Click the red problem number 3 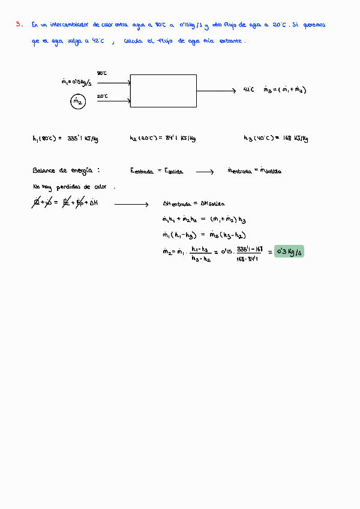click(x=19, y=25)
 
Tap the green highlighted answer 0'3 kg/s click(x=289, y=251)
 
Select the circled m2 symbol click(x=77, y=102)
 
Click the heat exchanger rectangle click(x=163, y=91)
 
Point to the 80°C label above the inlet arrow click(x=101, y=73)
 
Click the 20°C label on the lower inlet click(x=102, y=96)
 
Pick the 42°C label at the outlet click(x=248, y=90)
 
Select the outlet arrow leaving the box click(x=216, y=91)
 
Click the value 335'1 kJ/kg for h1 click(x=82, y=139)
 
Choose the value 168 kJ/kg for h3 click(x=294, y=139)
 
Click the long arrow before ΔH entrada click(x=131, y=205)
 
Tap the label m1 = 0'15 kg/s click(x=77, y=83)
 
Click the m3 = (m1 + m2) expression click(x=285, y=90)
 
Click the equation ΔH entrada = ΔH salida click(x=194, y=203)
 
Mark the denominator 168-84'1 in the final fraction click(x=248, y=259)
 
